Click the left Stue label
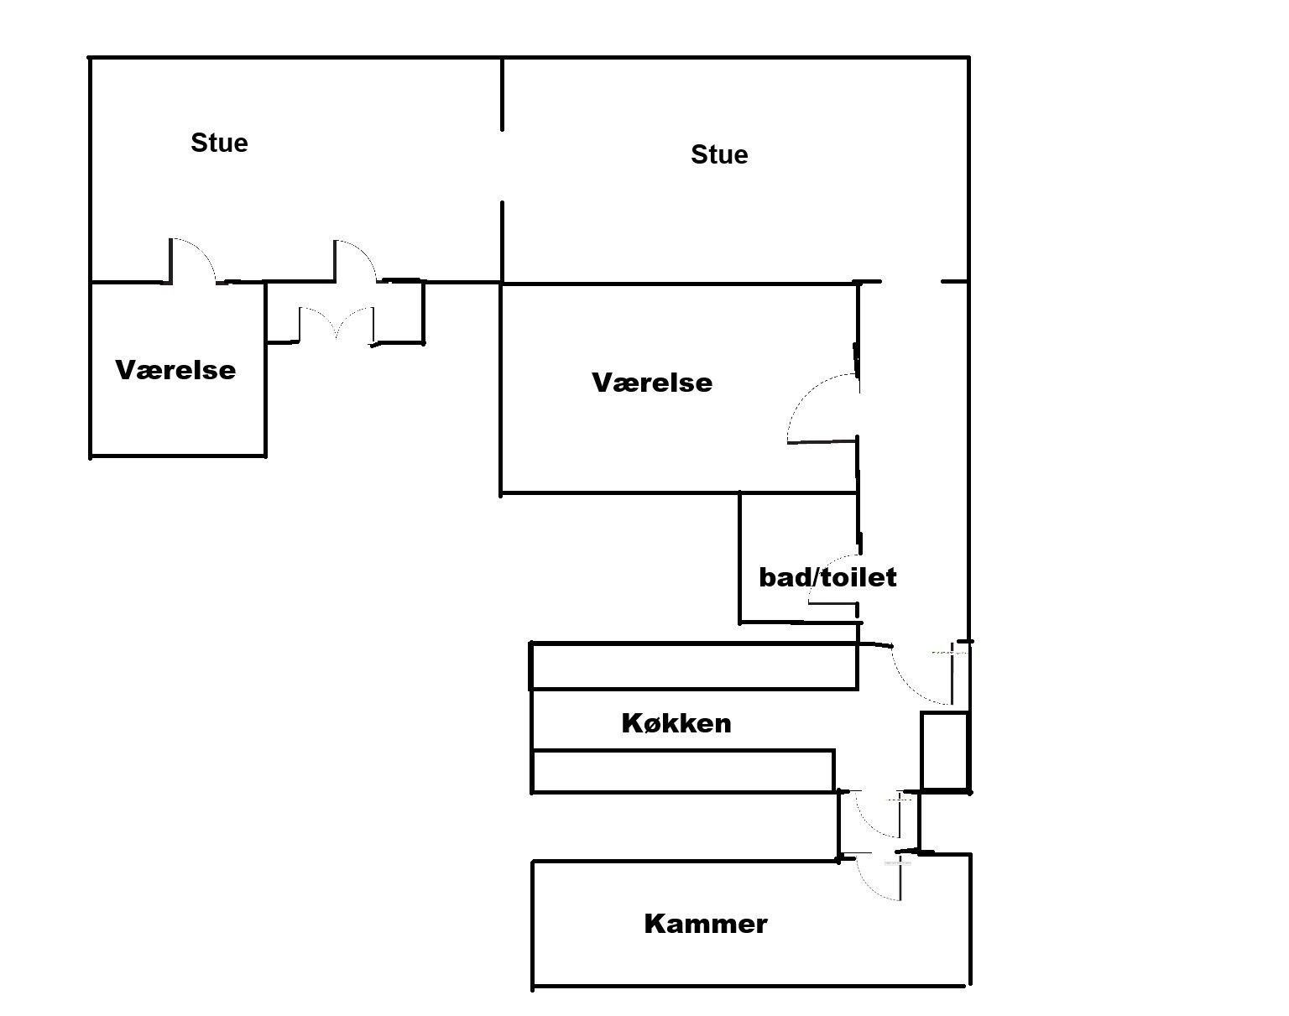pos(219,143)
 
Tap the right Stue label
pos(719,154)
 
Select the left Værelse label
pos(175,370)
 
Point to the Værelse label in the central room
pos(652,383)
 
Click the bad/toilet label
pos(827,577)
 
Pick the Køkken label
pos(676,724)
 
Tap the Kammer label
pos(706,924)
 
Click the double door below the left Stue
pos(336,324)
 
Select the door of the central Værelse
pos(822,409)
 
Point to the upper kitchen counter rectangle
pos(694,666)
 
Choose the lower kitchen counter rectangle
pos(683,771)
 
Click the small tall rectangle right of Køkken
pos(945,751)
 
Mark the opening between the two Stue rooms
pos(502,165)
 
